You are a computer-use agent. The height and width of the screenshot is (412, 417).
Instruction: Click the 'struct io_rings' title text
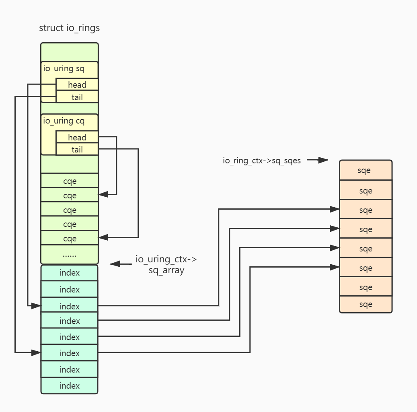click(x=69, y=28)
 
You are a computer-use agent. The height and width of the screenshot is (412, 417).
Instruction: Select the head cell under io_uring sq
click(x=77, y=84)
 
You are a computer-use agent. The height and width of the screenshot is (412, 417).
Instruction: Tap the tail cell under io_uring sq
click(x=77, y=97)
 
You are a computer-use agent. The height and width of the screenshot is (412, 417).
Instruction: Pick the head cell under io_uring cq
click(x=77, y=137)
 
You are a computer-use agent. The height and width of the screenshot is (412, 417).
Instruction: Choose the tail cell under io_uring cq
click(x=77, y=150)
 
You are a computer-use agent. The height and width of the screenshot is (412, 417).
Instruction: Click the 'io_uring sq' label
click(x=64, y=68)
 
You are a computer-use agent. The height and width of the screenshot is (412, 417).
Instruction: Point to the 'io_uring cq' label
click(x=64, y=121)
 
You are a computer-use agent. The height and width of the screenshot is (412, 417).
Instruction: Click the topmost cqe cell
click(x=70, y=181)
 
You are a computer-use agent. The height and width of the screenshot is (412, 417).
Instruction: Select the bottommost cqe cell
click(x=70, y=239)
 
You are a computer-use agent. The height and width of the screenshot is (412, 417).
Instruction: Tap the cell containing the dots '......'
click(x=70, y=254)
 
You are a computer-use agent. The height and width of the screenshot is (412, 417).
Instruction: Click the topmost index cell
click(x=70, y=273)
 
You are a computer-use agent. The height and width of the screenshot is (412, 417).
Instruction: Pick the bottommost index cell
click(x=70, y=385)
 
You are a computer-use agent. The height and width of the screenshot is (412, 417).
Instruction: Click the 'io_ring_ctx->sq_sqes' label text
click(x=262, y=161)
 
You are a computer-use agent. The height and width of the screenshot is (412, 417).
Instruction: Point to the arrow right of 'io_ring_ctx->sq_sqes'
click(x=318, y=160)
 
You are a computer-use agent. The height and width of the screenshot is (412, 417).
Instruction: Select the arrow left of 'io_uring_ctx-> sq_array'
click(x=121, y=264)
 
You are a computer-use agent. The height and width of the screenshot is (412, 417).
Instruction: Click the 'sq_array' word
click(x=166, y=270)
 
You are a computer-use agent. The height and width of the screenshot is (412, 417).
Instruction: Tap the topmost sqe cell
click(x=366, y=170)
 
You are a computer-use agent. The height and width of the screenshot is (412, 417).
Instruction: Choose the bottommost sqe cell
click(x=366, y=304)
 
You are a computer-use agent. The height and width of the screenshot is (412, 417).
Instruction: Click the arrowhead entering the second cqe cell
click(x=103, y=194)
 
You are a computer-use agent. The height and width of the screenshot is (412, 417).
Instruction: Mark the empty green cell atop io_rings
click(x=70, y=52)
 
